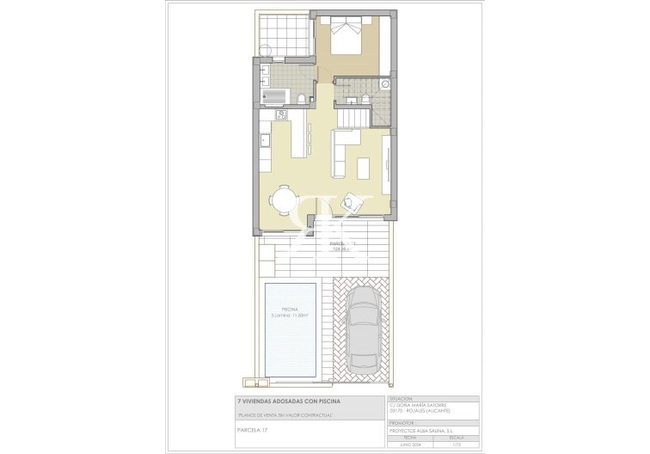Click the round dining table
pos(284,200)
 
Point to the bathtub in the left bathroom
pos(274,96)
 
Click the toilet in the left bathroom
pos(301,98)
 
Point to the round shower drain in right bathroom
pos(384,84)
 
